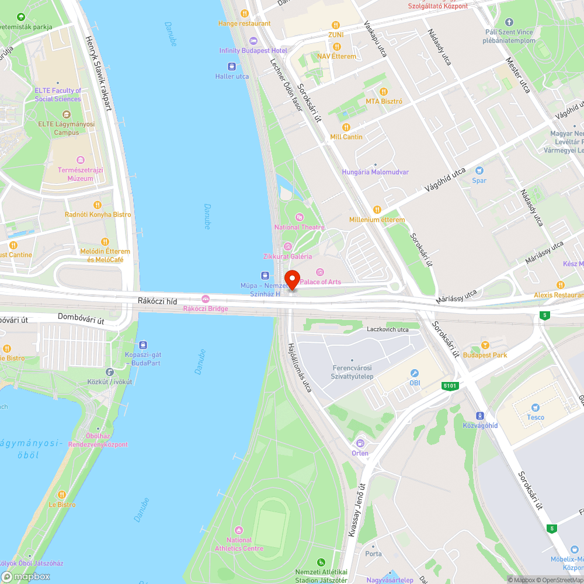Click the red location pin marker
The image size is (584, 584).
click(292, 279)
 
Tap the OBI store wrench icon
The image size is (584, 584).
click(415, 373)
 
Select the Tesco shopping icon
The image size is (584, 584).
click(535, 408)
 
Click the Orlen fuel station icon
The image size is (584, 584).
click(360, 443)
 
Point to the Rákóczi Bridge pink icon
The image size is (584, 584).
click(205, 299)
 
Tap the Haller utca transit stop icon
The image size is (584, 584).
click(232, 67)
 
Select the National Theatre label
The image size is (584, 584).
click(300, 227)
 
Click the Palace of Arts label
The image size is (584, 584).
click(320, 282)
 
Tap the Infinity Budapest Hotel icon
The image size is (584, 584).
click(253, 40)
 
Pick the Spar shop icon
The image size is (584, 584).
click(479, 171)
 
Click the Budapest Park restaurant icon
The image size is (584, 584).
click(485, 345)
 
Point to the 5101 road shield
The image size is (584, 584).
click(450, 386)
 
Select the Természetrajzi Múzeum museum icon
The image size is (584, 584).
click(81, 159)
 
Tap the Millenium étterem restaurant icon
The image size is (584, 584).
click(377, 210)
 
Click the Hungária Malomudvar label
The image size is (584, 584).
click(375, 172)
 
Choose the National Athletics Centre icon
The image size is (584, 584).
click(239, 530)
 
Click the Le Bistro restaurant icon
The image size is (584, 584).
click(62, 494)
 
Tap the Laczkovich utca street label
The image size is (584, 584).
click(388, 329)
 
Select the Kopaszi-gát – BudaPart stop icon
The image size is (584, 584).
click(142, 345)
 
